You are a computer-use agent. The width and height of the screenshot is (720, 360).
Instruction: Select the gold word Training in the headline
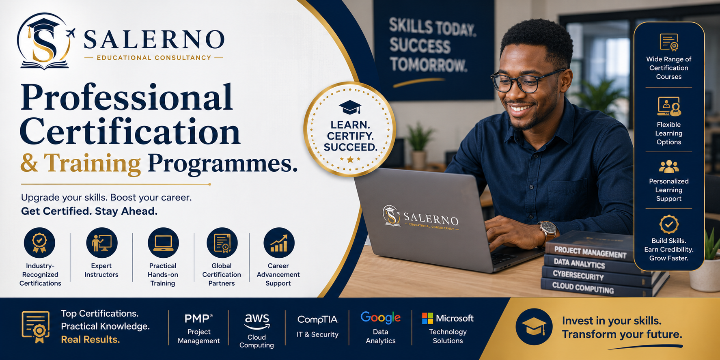pyautogui.click(x=93, y=163)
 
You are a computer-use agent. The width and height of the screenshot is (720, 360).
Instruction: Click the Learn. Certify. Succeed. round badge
pyautogui.click(x=350, y=129)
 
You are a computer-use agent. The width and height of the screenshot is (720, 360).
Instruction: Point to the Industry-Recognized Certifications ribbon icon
pyautogui.click(x=40, y=243)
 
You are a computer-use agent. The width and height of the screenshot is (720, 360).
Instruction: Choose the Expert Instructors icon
pyautogui.click(x=101, y=243)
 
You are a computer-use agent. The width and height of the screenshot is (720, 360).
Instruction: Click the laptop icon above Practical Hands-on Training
pyautogui.click(x=163, y=243)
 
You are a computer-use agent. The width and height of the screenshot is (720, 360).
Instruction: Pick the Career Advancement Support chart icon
pyautogui.click(x=279, y=243)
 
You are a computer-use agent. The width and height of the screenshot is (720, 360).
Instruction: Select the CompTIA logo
pyautogui.click(x=318, y=320)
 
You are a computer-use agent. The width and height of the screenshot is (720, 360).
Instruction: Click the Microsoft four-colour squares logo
pyautogui.click(x=427, y=318)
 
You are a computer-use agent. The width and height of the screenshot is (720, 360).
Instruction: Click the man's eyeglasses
pyautogui.click(x=526, y=81)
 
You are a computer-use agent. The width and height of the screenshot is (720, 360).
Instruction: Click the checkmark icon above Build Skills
pyautogui.click(x=669, y=224)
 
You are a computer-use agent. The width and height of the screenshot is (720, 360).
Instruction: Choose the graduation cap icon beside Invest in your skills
pyautogui.click(x=534, y=327)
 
